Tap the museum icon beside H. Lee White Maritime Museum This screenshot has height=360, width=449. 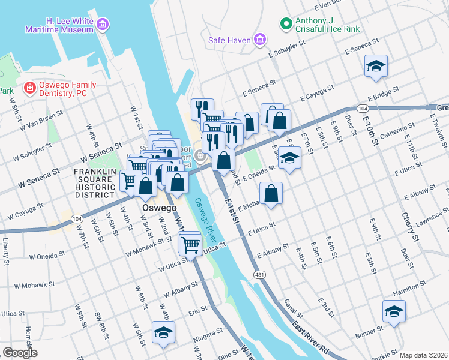click(x=103, y=25)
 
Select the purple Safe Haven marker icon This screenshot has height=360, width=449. click(x=260, y=40)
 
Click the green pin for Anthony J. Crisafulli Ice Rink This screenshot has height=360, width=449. click(x=286, y=24)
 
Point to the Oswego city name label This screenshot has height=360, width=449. click(x=159, y=208)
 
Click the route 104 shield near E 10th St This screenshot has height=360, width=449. click(x=361, y=109)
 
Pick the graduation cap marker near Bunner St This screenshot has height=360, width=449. click(x=394, y=311)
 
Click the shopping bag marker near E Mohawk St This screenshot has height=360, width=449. click(x=271, y=193)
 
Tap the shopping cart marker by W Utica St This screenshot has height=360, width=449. click(x=190, y=244)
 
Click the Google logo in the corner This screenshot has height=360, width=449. click(x=20, y=353)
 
